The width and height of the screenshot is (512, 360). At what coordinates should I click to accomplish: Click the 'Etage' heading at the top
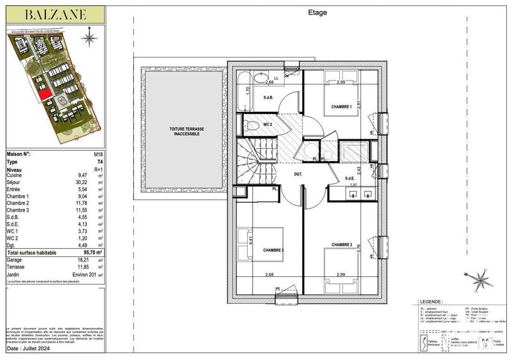[318, 12]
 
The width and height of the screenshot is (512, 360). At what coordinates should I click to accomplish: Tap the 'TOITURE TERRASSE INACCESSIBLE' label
[187, 131]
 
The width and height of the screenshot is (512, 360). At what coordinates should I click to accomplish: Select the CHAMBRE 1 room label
[341, 106]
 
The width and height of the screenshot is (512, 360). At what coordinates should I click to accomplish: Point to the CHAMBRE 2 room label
[342, 244]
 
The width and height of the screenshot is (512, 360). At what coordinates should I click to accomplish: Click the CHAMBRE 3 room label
[273, 251]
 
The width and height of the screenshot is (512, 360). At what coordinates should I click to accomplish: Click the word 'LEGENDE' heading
[431, 301]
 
